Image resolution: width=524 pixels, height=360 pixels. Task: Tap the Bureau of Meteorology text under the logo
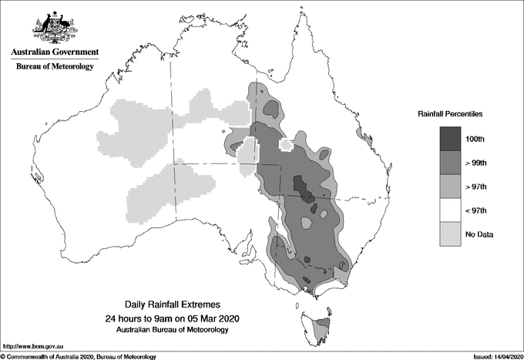pyautogui.click(x=55, y=67)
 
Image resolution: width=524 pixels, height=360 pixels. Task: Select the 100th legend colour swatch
pyautogui.click(x=445, y=139)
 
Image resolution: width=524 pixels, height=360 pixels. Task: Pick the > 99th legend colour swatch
pyautogui.click(x=445, y=163)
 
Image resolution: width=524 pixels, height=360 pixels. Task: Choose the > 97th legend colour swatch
pyautogui.click(x=445, y=187)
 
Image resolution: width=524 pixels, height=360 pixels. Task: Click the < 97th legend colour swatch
pyautogui.click(x=445, y=210)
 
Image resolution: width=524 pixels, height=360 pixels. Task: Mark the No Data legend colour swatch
pyautogui.click(x=445, y=234)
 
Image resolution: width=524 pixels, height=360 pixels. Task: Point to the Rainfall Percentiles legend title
pyautogui.click(x=450, y=113)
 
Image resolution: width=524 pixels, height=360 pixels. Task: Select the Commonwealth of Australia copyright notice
pyautogui.click(x=78, y=356)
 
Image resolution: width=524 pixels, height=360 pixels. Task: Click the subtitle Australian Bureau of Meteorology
pyautogui.click(x=172, y=330)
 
